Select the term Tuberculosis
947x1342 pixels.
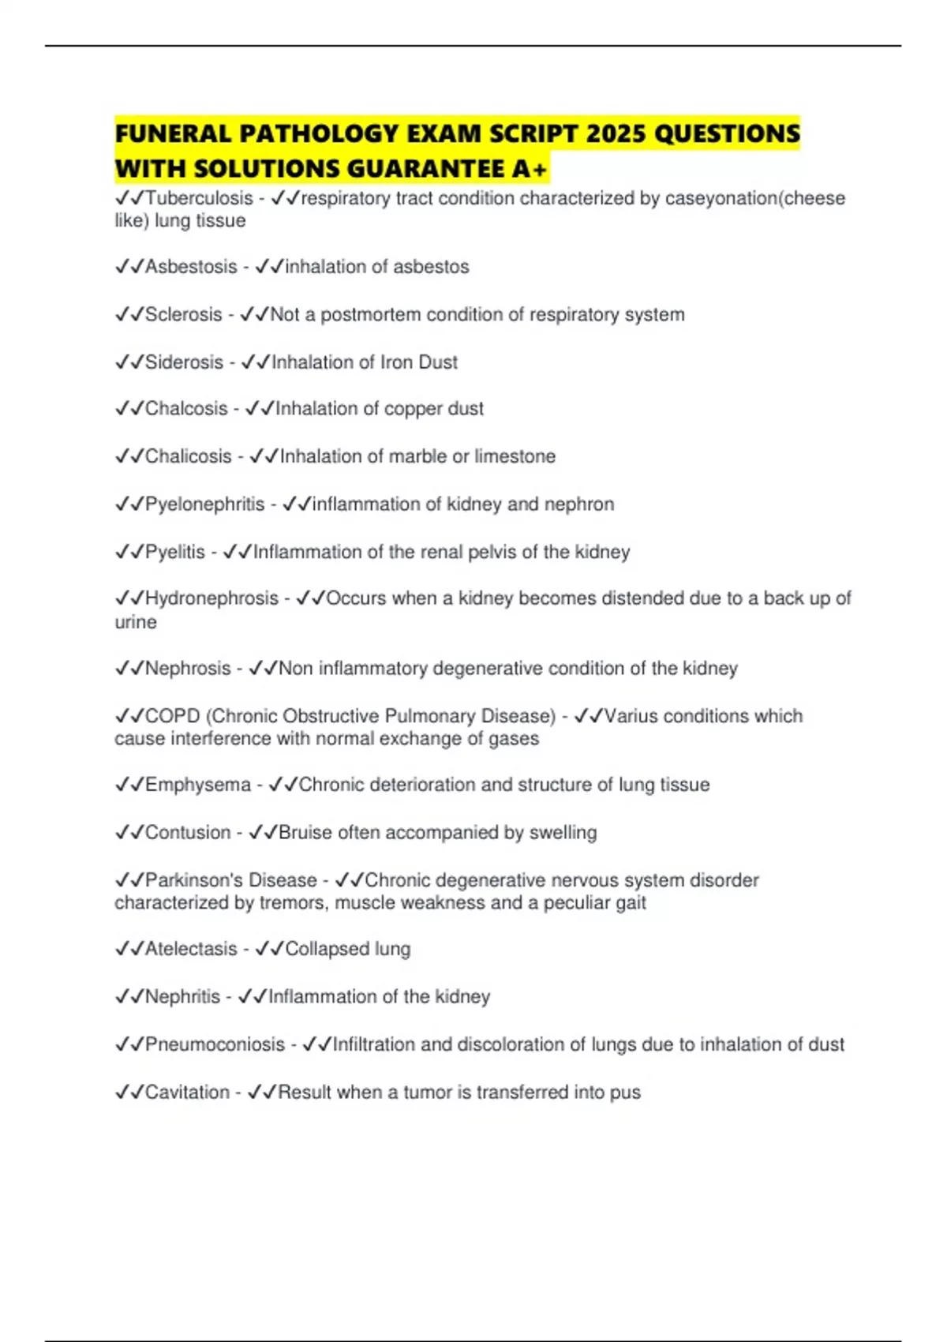[199, 198]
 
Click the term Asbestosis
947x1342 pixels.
[191, 267]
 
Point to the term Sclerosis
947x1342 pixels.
[183, 314]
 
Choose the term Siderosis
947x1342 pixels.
[184, 362]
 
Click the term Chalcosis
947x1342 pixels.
[186, 409]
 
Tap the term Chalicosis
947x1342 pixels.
[189, 456]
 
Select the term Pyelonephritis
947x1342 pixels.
[204, 504]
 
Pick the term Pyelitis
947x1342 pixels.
[174, 552]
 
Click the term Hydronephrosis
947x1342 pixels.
[211, 598]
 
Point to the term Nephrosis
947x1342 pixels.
[188, 669]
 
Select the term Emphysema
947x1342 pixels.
[197, 785]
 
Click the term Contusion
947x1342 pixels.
[188, 832]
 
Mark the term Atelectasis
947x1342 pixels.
[191, 949]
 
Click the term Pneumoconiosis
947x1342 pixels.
[215, 1044]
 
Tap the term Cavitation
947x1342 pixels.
[187, 1093]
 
